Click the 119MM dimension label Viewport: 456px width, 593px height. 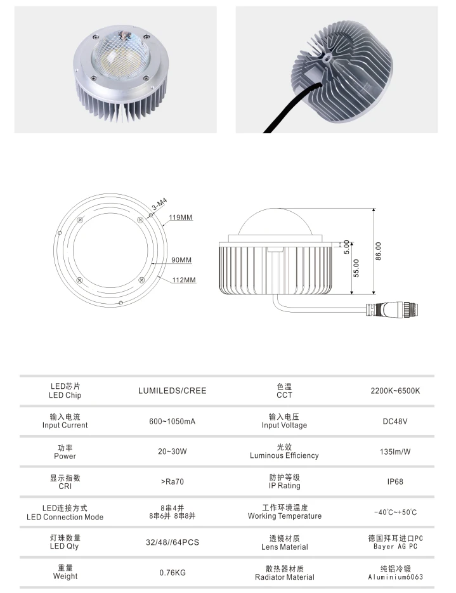click(181, 218)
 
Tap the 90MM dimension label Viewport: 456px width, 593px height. click(181, 260)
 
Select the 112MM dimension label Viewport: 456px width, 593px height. click(184, 280)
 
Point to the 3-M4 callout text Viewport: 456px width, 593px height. click(160, 204)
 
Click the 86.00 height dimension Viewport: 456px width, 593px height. click(379, 251)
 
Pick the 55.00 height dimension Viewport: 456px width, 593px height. click(356, 268)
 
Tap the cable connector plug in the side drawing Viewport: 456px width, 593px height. click(394, 310)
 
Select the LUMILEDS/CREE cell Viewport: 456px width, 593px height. click(173, 391)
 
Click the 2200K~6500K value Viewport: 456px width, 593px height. click(395, 391)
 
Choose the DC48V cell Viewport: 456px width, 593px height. click(395, 421)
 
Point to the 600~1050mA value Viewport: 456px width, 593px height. click(173, 421)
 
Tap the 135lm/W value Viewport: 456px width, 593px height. click(395, 452)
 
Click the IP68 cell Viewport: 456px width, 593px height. click(395, 482)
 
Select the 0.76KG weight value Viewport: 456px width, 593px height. click(173, 573)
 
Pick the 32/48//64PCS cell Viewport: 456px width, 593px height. click(173, 542)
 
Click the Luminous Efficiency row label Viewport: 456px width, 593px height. click(284, 456)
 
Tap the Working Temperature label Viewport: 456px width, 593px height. click(285, 516)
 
